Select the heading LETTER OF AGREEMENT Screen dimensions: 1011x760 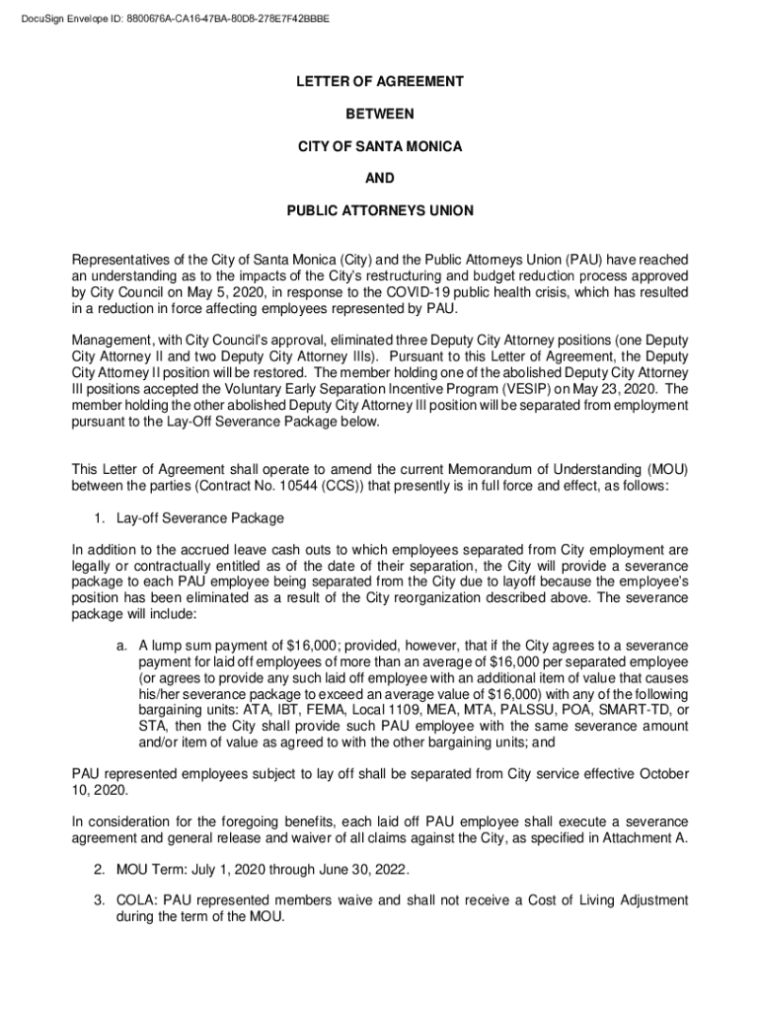(x=380, y=81)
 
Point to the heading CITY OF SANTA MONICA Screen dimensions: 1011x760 (x=380, y=146)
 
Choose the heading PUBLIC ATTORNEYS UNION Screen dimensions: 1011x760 (x=380, y=210)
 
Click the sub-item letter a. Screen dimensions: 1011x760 (x=120, y=646)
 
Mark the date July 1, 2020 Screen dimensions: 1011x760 (x=229, y=870)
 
